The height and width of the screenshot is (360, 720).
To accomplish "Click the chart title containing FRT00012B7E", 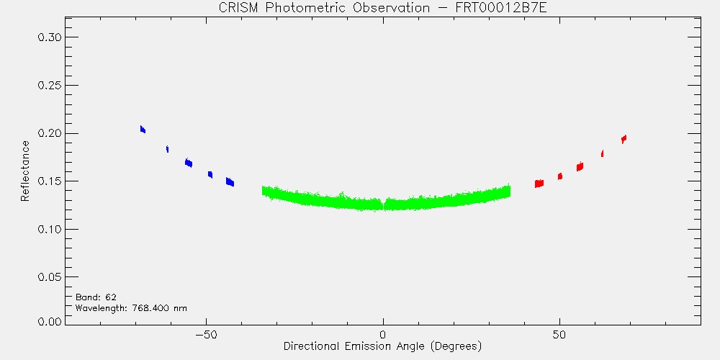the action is pos(382,8).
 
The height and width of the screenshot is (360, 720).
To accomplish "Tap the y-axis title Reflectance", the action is pos(24,171).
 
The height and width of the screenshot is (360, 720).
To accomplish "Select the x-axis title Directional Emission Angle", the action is pos(382,346).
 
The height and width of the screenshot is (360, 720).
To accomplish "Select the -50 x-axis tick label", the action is pos(206,334).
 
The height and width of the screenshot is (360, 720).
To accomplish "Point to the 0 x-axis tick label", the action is pos(383,334).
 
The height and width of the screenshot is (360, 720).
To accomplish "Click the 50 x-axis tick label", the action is pos(559,334).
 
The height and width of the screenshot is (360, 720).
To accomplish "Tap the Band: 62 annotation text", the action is pos(96,297).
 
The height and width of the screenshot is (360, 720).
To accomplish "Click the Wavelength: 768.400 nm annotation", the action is pos(131,308).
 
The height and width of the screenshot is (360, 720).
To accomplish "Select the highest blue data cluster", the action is pos(143,129).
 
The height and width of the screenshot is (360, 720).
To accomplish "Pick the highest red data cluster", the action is pos(624,139).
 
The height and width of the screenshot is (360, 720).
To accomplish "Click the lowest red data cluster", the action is pos(539,183).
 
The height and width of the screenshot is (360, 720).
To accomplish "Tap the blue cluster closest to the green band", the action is pos(230,182).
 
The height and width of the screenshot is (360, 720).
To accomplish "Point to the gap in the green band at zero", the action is pos(384,204).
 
